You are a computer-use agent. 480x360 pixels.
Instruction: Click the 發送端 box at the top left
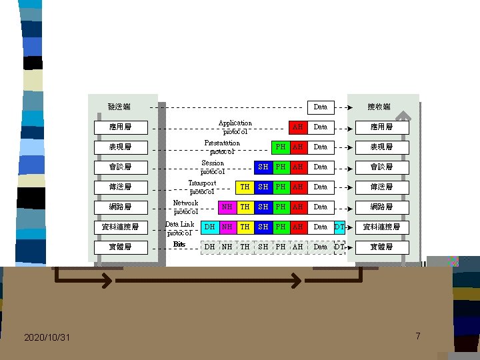pos(120,107)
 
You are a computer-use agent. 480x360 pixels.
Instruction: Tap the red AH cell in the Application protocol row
pos(298,127)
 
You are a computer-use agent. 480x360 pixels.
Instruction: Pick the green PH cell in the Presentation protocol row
pos(281,147)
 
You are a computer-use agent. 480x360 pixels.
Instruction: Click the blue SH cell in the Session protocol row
pos(263,167)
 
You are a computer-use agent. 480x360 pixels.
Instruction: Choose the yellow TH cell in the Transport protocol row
pos(245,187)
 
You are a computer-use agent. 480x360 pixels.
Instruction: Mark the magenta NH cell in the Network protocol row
pos(227,207)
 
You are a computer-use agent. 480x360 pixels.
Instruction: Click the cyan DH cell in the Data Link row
pos(209,227)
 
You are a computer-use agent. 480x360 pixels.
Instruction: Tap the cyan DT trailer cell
pos(339,227)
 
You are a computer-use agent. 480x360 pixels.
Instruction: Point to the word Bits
pos(179,244)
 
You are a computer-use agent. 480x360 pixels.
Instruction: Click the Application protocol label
pos(235,127)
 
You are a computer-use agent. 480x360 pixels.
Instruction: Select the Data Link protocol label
pos(179,229)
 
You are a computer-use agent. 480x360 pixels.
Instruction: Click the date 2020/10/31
pos(47,338)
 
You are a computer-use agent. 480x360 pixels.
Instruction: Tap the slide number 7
pos(418,336)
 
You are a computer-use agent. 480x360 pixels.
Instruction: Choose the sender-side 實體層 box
pos(120,247)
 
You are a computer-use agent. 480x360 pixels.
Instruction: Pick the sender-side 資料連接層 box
pos(120,227)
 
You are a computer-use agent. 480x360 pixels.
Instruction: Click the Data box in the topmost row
pos(321,107)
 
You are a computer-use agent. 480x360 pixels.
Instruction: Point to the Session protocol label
pos(213,167)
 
